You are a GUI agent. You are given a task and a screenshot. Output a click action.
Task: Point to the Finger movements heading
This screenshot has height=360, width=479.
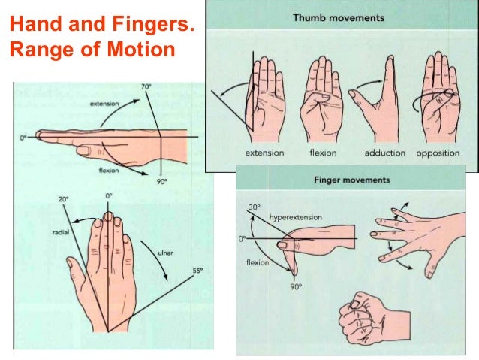[351, 180]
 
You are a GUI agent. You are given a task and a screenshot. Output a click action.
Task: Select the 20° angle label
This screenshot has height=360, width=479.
[63, 199]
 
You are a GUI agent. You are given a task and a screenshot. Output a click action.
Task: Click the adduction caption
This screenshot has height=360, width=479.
[385, 153]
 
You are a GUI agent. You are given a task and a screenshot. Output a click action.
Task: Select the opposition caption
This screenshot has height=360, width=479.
[442, 153]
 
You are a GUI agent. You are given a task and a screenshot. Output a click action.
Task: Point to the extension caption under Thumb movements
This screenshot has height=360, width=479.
[264, 153]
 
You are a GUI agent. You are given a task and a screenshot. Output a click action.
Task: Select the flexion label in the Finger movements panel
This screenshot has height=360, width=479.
[258, 263]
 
